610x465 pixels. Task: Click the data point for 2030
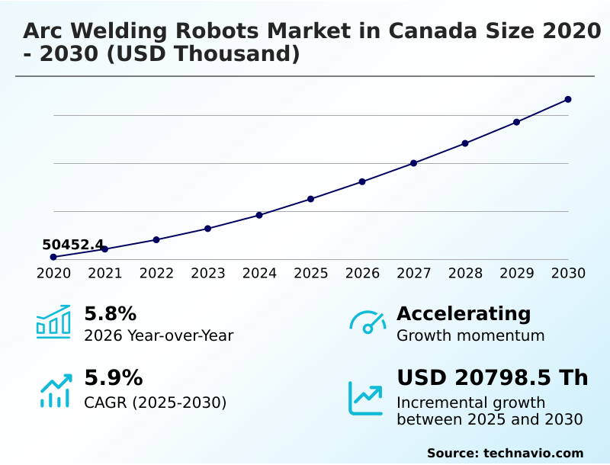(568, 99)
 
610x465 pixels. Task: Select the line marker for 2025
(310, 199)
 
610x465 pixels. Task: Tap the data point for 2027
(413, 163)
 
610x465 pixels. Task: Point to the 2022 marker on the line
(156, 239)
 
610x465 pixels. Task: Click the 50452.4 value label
(72, 245)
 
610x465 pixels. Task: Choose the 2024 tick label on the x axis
(259, 274)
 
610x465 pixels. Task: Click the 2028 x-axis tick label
(465, 274)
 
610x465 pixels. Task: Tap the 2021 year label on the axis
(104, 274)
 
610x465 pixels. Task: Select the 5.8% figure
(110, 314)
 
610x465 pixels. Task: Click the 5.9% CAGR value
(113, 378)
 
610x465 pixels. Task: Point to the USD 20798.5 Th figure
(492, 378)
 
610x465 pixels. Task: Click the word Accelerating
(464, 313)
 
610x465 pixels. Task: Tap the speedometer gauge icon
(367, 322)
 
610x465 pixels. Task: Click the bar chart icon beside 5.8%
(53, 322)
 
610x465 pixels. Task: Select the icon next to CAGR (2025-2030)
(55, 390)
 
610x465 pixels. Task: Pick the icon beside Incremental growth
(366, 397)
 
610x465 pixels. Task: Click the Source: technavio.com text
(505, 453)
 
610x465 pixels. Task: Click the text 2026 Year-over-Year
(159, 335)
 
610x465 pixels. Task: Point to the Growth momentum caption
(470, 335)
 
